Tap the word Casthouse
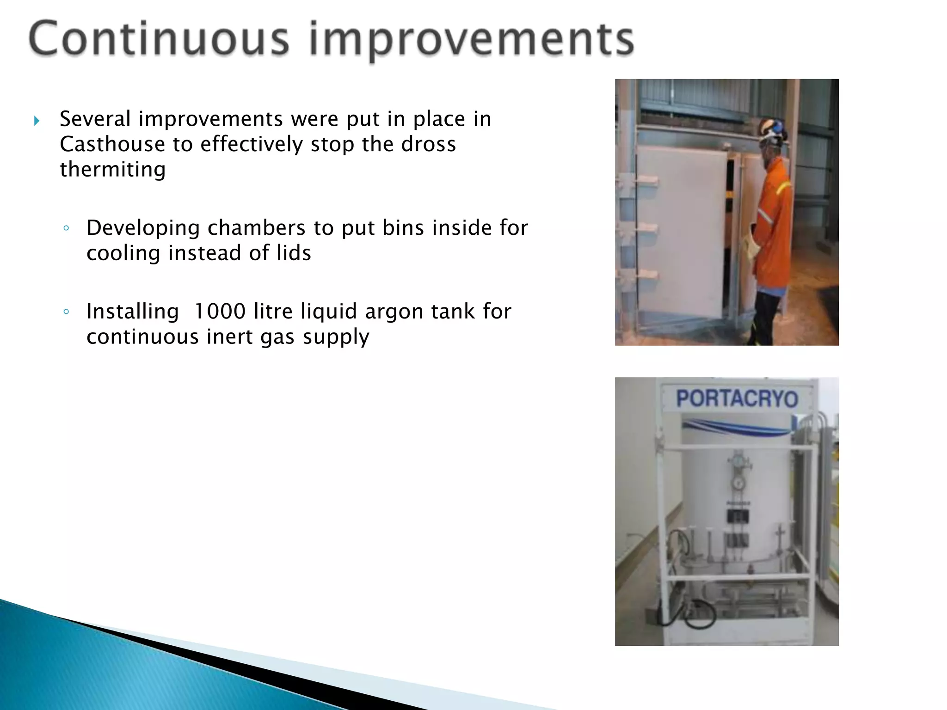pos(112,144)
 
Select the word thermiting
pos(112,169)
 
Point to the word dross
pos(428,144)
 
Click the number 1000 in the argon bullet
pos(219,312)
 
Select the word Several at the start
pos(95,119)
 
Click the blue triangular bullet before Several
pos(37,122)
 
